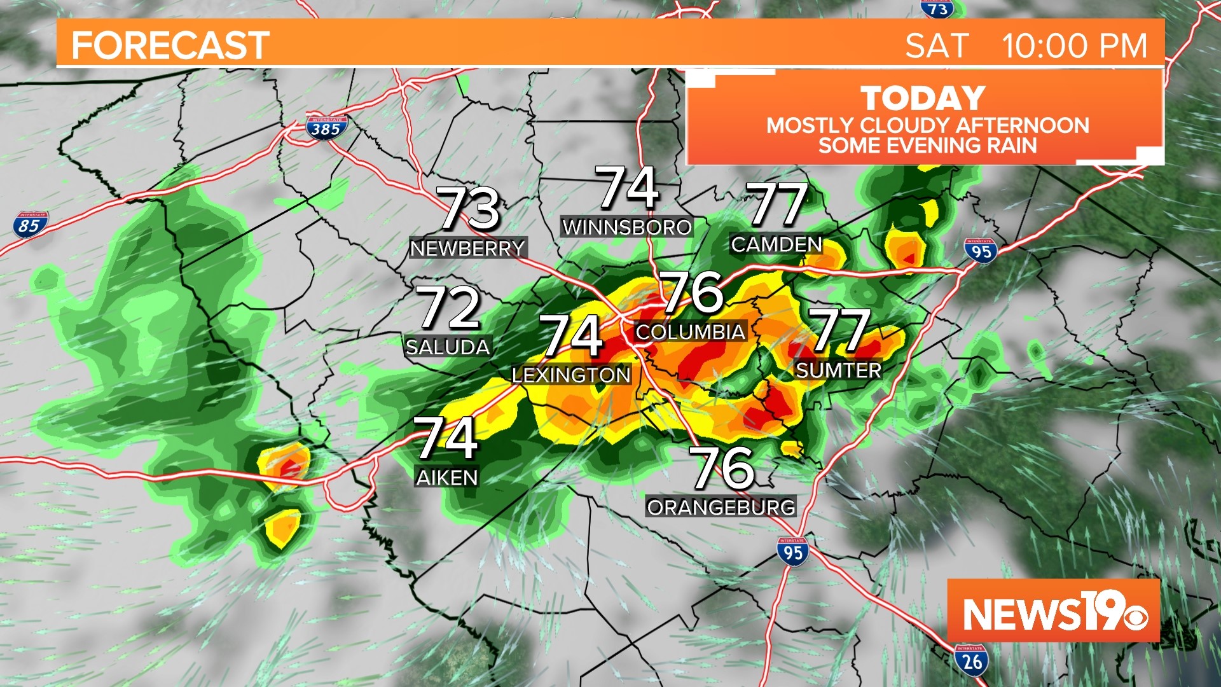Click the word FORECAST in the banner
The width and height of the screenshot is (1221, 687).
(170, 46)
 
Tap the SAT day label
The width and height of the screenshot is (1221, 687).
(937, 46)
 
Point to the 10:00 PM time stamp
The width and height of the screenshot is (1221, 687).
(1074, 46)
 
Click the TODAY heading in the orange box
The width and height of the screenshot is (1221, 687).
(923, 99)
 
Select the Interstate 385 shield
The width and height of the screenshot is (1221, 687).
(326, 128)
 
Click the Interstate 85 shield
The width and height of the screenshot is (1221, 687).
(29, 225)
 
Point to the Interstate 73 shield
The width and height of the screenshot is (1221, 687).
(937, 9)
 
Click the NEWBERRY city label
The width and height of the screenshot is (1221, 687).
(467, 248)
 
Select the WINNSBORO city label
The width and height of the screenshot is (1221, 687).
(627, 227)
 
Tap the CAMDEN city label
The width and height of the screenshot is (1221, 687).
(776, 244)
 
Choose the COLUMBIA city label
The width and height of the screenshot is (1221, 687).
(690, 331)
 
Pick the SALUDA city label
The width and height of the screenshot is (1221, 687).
(448, 347)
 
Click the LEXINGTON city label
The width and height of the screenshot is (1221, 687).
(571, 375)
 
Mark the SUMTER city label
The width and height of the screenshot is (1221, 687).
(839, 370)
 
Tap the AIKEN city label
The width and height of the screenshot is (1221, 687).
(447, 477)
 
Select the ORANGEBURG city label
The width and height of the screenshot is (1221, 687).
(721, 507)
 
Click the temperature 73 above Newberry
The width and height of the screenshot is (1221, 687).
(470, 208)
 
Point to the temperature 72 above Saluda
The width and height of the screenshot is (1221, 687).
(448, 308)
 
